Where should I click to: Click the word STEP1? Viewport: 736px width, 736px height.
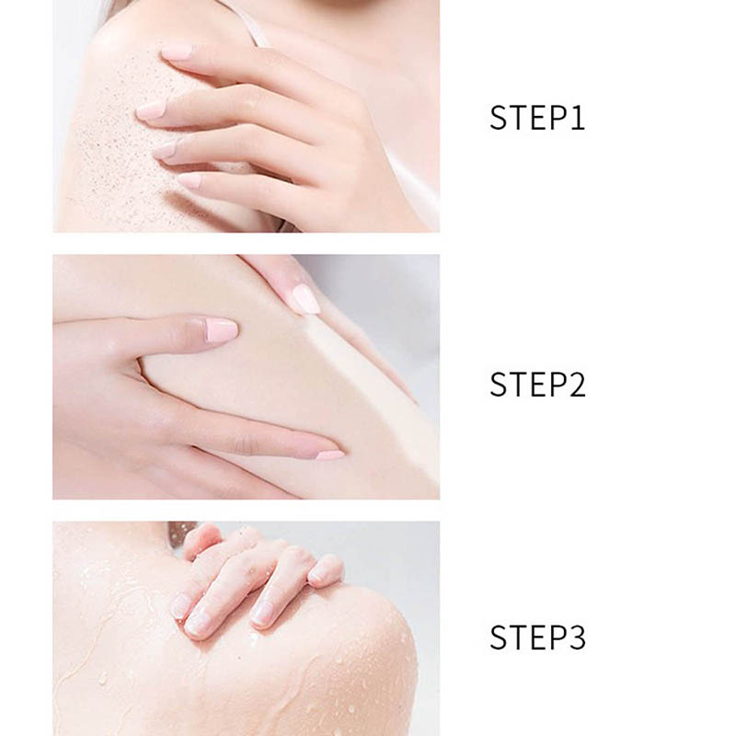click(537, 118)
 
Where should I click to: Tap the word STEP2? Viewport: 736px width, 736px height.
click(537, 385)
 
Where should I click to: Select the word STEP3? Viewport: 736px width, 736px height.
click(537, 637)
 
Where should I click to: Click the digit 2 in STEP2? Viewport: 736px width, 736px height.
click(577, 385)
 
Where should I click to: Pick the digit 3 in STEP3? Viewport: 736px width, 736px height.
click(577, 637)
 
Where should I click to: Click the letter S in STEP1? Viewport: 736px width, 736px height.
click(498, 118)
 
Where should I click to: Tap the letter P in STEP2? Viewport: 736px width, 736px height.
click(557, 385)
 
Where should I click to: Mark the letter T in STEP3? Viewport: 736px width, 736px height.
click(517, 637)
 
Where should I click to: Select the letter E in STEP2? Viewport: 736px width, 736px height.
click(537, 385)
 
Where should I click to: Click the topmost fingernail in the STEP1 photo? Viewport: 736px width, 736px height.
click(176, 52)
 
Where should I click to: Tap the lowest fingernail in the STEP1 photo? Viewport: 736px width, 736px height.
click(189, 179)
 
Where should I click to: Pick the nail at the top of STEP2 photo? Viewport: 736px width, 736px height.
click(306, 299)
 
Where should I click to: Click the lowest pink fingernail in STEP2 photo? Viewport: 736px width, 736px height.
click(329, 454)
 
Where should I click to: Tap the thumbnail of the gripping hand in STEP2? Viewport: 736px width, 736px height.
click(221, 329)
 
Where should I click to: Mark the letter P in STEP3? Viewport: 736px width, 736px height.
click(557, 637)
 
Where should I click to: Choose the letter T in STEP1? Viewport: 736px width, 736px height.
click(517, 118)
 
